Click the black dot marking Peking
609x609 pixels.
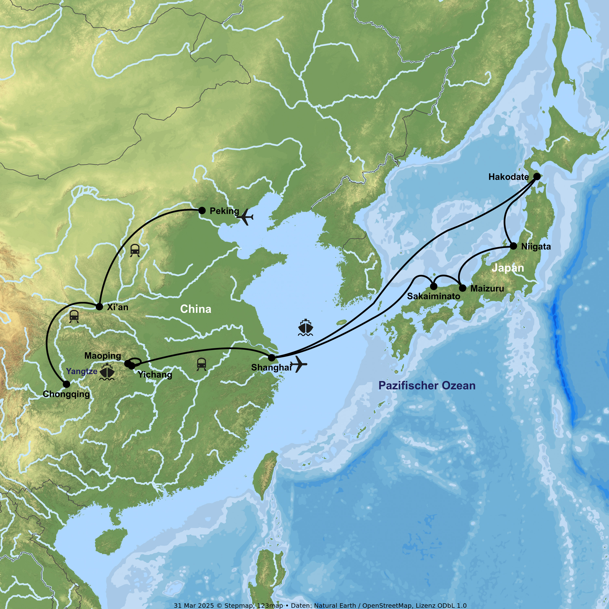point(202,210)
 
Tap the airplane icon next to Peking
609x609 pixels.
point(245,217)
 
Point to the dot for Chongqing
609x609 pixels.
point(67,384)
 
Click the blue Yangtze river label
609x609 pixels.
point(82,371)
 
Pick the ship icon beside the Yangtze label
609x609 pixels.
point(107,372)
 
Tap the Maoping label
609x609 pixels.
point(103,356)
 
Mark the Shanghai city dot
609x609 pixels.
point(271,357)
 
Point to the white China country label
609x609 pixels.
point(195,309)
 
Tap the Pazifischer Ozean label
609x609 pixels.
point(427,385)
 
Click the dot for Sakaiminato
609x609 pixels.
point(434,286)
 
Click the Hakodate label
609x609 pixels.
point(509,177)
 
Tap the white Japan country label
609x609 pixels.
point(508,268)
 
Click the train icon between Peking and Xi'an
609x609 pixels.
point(135,251)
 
